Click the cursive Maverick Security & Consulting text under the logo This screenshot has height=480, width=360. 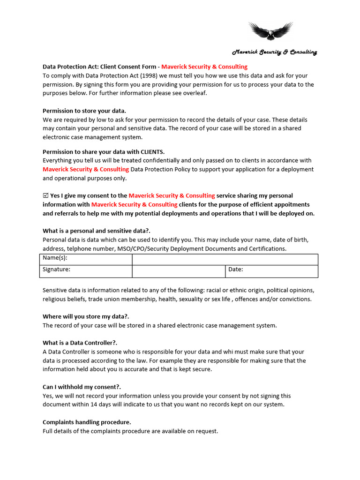(275, 52)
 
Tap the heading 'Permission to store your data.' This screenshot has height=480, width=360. (84, 111)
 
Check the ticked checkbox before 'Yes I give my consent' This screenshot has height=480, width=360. (45, 195)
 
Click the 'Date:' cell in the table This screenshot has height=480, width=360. (271, 270)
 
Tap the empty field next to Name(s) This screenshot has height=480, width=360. (225, 259)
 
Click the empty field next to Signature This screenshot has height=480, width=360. (179, 270)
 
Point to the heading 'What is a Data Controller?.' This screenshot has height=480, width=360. (80, 343)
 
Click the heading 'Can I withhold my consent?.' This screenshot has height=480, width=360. (82, 387)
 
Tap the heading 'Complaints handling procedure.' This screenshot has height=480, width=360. (87, 422)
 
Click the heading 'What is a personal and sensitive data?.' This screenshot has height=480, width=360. (97, 231)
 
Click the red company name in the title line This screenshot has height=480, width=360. (204, 67)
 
